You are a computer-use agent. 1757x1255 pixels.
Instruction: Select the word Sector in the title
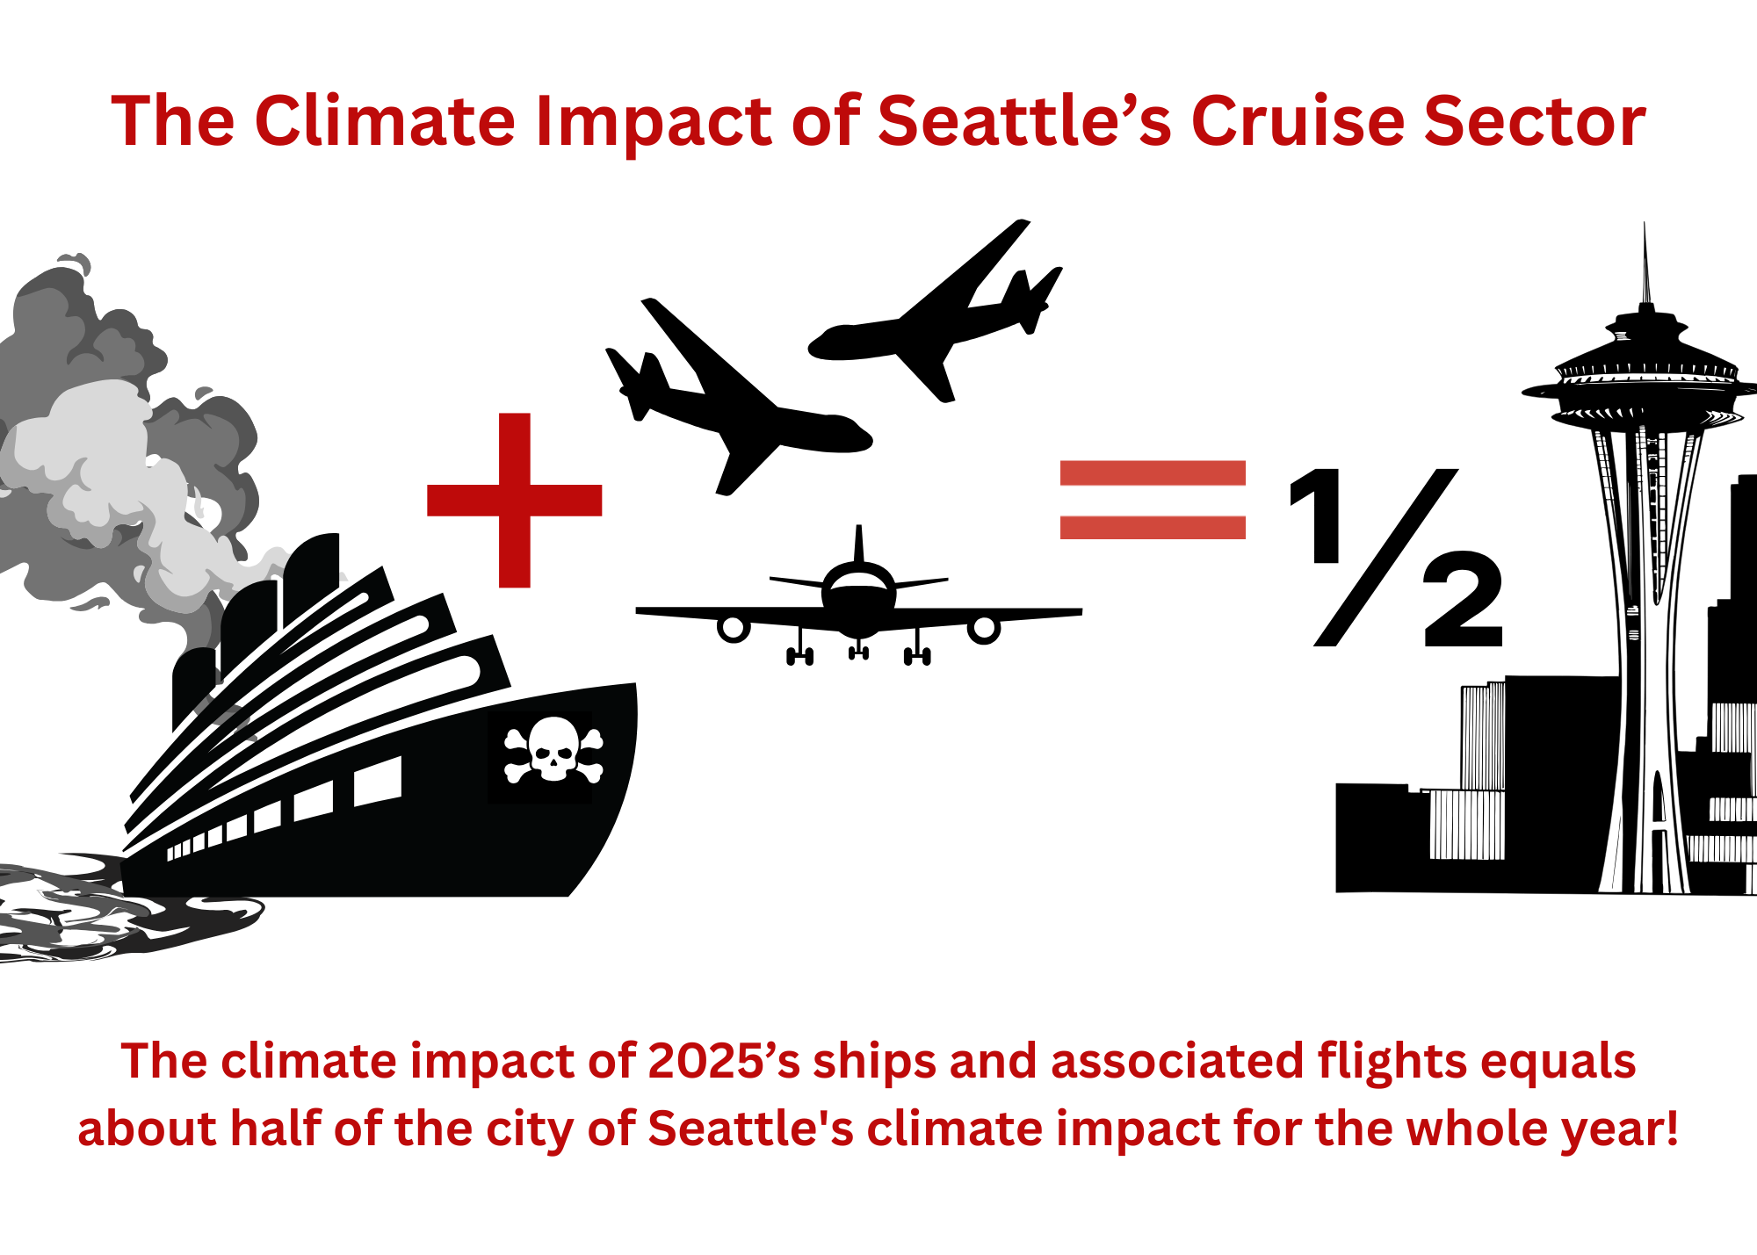1535,120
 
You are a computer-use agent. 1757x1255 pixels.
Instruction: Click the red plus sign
515,500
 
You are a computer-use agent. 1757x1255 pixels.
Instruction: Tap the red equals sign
1153,500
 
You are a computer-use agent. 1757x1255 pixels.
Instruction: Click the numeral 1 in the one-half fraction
1317,516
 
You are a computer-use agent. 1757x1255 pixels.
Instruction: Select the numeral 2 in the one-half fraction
1463,600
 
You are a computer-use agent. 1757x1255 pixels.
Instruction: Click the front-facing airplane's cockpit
859,581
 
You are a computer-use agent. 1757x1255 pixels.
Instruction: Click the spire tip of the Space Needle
1645,224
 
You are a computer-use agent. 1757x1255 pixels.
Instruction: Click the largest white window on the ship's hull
378,781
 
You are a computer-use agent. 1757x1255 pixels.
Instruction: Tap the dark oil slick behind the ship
114,909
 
